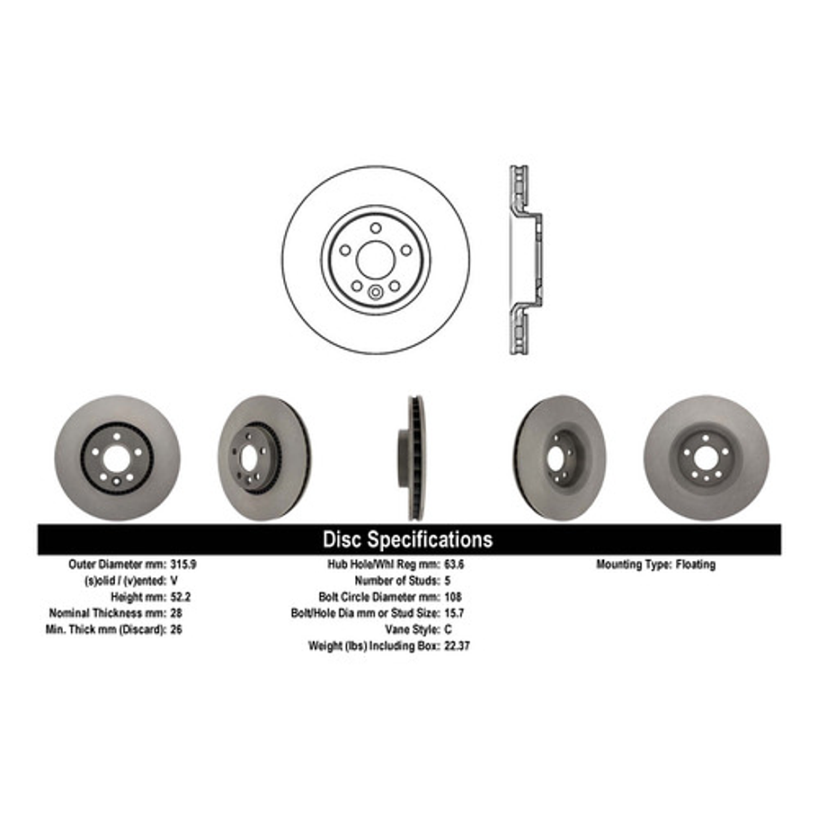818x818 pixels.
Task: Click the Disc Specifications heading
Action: tap(407, 539)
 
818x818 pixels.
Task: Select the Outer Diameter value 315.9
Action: tap(183, 565)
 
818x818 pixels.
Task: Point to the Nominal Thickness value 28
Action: tap(176, 613)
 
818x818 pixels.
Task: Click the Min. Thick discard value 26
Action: tap(176, 629)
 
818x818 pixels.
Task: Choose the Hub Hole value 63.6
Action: tap(455, 565)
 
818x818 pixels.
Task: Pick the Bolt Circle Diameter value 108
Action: tap(452, 597)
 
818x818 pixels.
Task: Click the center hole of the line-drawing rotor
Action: tap(375, 259)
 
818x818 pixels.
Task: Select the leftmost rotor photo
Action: tap(116, 458)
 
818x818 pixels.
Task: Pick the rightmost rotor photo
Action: tap(706, 458)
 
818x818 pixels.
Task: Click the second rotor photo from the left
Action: tap(262, 458)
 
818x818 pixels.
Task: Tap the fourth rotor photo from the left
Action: tap(559, 458)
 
